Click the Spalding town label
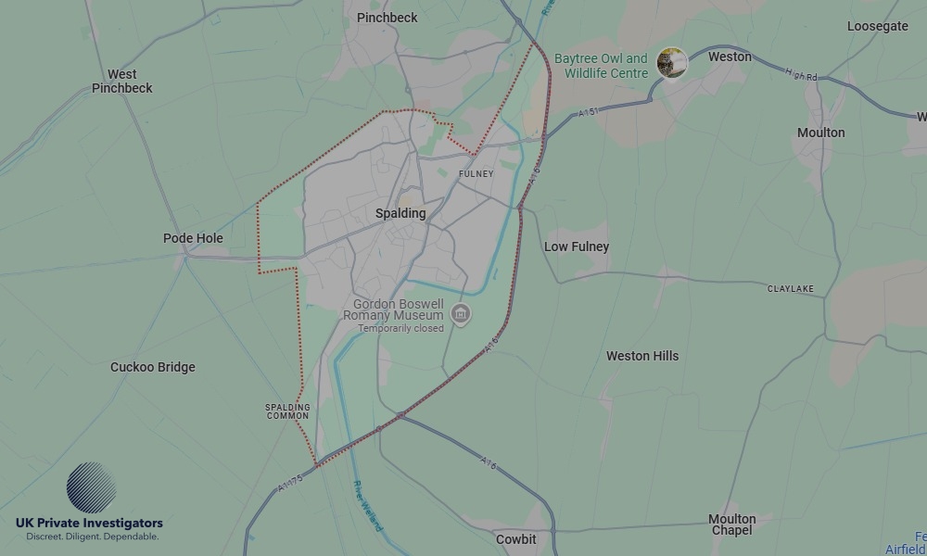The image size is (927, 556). click(x=400, y=213)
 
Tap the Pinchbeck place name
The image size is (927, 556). click(x=387, y=18)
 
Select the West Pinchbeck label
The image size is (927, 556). click(x=121, y=82)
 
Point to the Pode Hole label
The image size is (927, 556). click(x=193, y=238)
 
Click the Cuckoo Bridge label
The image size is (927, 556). click(x=153, y=367)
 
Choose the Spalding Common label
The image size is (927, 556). click(x=287, y=411)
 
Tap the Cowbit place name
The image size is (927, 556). click(x=515, y=539)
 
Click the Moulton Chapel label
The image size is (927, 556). click(x=732, y=524)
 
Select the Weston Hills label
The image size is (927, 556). click(x=642, y=356)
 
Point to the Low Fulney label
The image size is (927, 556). click(x=577, y=246)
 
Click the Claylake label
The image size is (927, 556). click(x=791, y=289)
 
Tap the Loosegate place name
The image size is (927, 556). click(x=877, y=26)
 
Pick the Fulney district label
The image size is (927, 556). click(x=476, y=174)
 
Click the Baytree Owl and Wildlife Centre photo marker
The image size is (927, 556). click(x=671, y=63)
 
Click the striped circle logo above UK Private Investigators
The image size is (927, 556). click(x=92, y=487)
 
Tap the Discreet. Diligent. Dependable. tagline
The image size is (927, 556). click(x=92, y=537)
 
